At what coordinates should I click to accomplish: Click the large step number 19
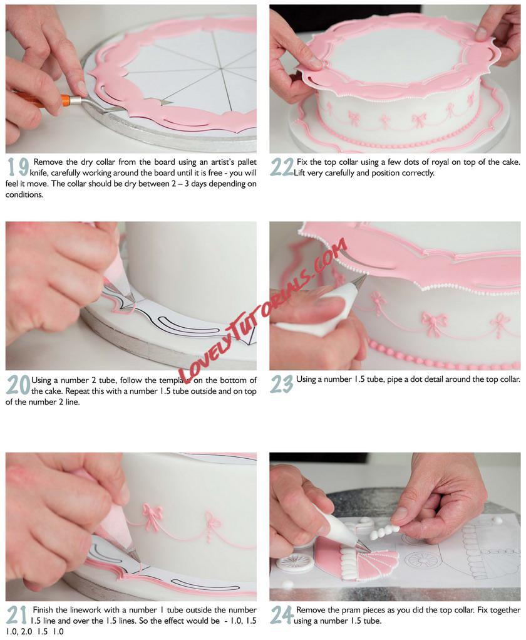[x=18, y=167]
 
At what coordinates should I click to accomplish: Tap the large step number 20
[x=18, y=385]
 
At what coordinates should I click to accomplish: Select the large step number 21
[x=17, y=615]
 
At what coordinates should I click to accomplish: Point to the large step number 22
[x=282, y=167]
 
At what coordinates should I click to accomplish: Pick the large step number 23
[x=282, y=384]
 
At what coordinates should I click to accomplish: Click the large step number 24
[x=282, y=615]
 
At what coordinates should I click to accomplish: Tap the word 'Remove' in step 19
[x=48, y=162]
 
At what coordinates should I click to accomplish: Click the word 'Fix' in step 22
[x=302, y=162]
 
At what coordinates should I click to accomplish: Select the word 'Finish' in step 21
[x=44, y=610]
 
